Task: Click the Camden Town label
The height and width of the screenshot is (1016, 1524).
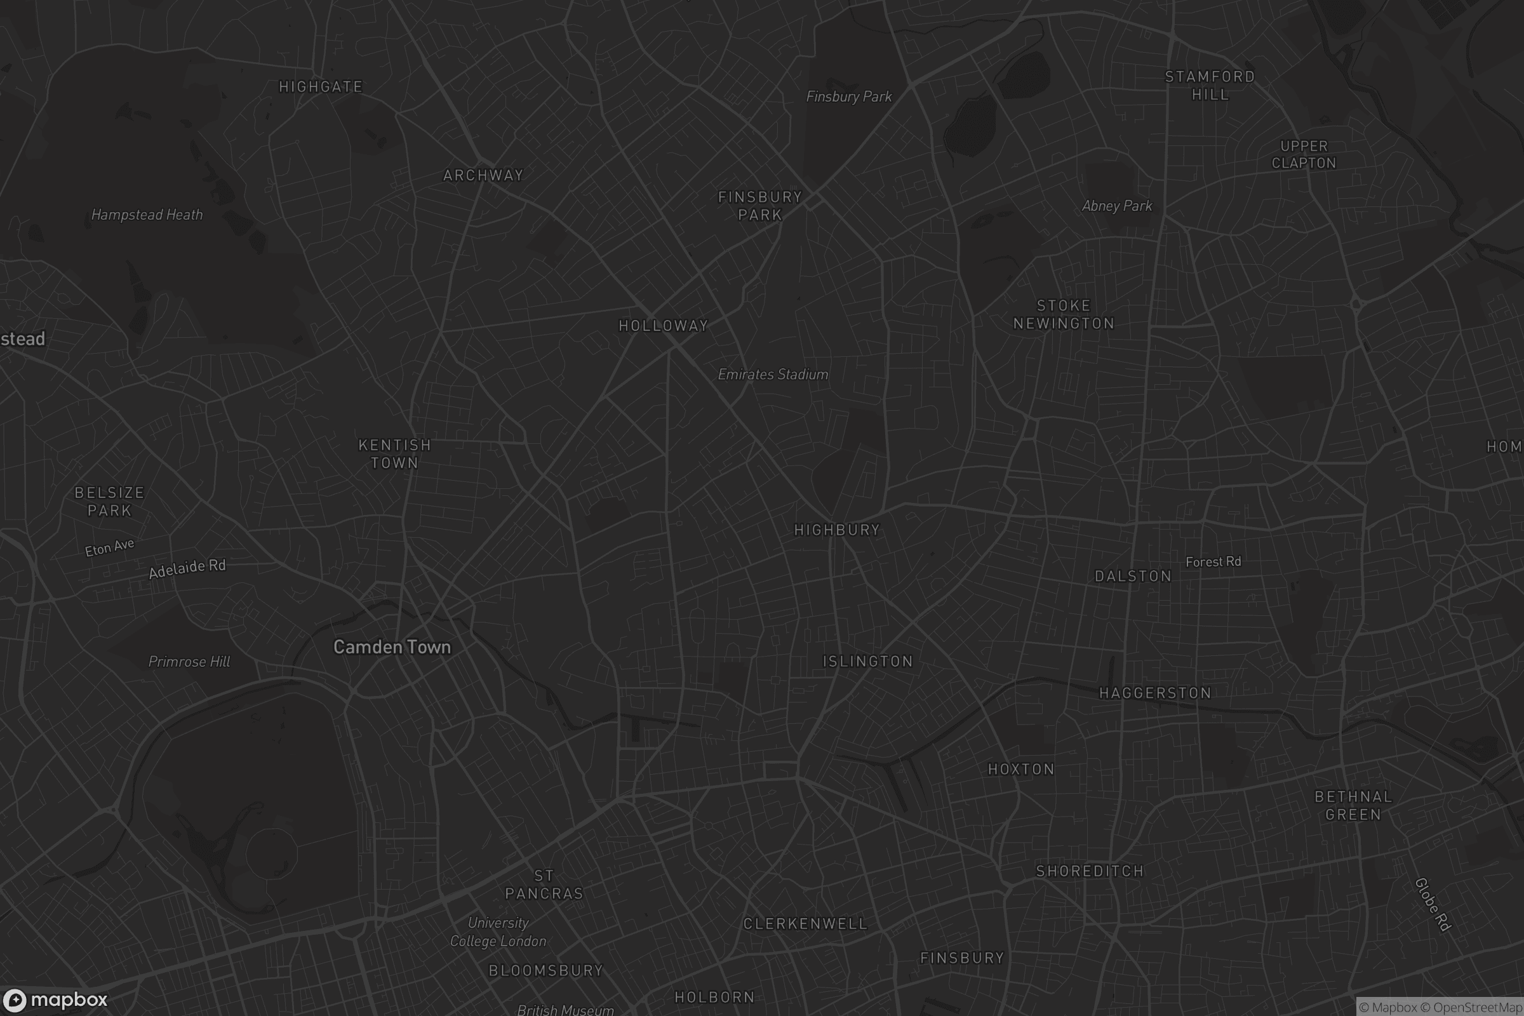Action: (392, 646)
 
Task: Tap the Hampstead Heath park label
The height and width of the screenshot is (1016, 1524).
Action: (147, 215)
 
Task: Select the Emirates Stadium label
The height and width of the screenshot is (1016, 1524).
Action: (773, 374)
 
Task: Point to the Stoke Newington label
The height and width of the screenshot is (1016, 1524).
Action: (1064, 314)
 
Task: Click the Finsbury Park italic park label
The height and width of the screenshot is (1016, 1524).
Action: (849, 97)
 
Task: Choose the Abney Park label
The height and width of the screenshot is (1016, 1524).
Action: (1117, 206)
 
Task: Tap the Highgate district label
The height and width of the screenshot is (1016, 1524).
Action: (321, 87)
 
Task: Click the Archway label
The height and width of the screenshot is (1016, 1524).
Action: (483, 176)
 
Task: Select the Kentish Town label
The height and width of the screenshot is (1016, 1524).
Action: (394, 453)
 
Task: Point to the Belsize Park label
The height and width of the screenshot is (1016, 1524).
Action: (109, 502)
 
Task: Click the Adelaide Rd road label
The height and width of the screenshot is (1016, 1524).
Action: (187, 568)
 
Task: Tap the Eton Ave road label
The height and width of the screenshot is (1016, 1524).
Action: (109, 547)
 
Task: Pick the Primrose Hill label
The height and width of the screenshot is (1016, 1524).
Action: (189, 662)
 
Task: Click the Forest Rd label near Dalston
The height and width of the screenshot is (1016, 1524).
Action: (1213, 562)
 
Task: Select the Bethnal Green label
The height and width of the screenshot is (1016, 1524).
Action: (1353, 805)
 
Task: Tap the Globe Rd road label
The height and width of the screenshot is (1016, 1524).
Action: (1432, 904)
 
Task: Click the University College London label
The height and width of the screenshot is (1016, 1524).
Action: (498, 932)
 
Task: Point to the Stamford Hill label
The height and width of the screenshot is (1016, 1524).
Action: (1210, 86)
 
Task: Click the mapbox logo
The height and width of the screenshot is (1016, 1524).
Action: (55, 999)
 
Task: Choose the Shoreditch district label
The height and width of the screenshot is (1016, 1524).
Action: (1090, 871)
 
